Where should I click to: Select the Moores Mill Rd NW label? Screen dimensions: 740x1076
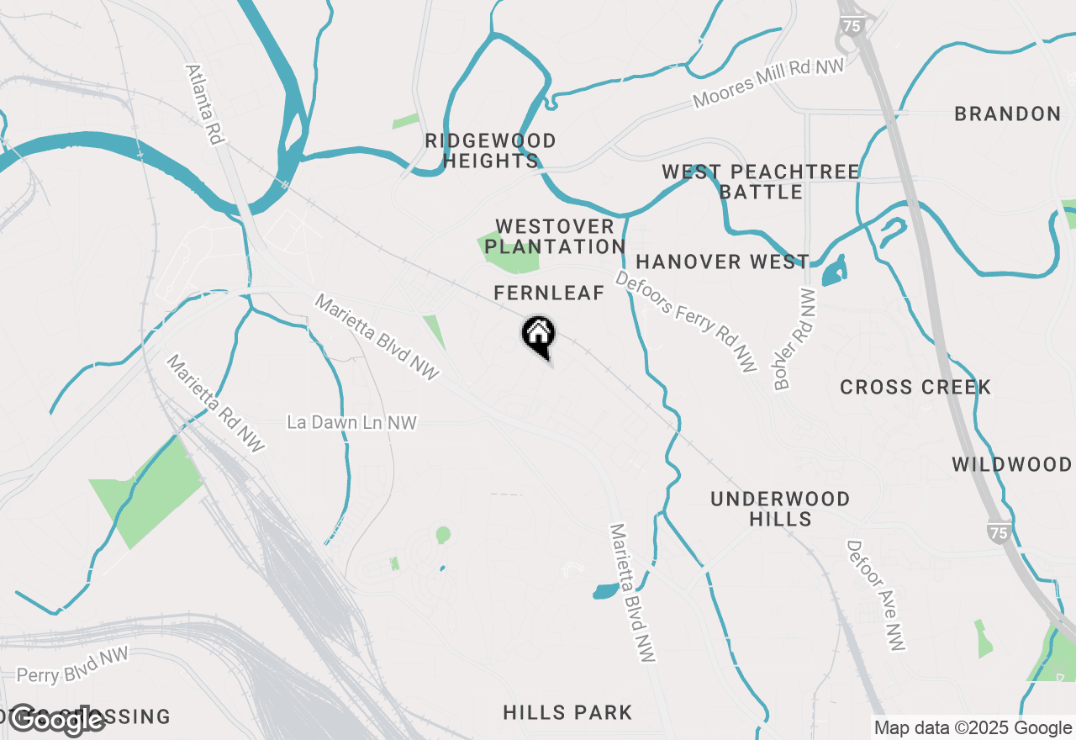(x=768, y=83)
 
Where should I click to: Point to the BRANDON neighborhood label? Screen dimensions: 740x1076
(x=1007, y=114)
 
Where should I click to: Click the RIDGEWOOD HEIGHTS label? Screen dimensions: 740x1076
(x=491, y=151)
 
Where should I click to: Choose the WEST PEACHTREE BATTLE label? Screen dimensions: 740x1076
(x=761, y=182)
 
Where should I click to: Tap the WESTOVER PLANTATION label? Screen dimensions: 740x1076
(x=555, y=236)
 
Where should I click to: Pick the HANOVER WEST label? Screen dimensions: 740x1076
(x=722, y=262)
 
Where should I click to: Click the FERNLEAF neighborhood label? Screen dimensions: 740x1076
(x=549, y=293)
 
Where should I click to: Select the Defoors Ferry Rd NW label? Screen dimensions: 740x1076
(x=686, y=320)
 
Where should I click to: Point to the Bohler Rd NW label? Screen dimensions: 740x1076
(x=794, y=340)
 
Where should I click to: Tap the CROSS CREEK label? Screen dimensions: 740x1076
(x=915, y=387)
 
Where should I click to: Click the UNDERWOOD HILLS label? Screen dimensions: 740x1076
(x=780, y=509)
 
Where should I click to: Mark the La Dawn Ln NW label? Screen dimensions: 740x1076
(x=351, y=422)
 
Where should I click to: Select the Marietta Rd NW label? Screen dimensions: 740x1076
(x=215, y=403)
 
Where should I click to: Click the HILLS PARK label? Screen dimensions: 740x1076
(x=567, y=712)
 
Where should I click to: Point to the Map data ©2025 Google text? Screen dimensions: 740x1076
(x=973, y=728)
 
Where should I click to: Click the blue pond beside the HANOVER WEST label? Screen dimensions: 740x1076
(x=834, y=272)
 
